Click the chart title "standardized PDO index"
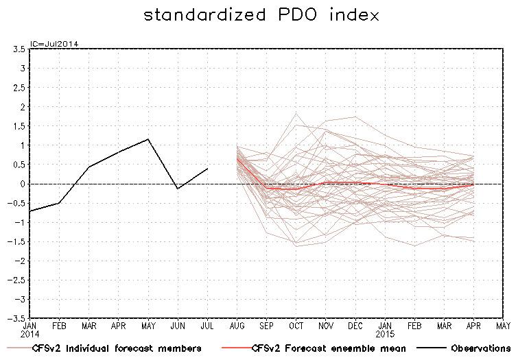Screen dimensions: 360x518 [261, 15]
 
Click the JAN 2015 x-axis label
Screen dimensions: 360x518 [385, 331]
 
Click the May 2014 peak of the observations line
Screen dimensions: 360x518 [148, 139]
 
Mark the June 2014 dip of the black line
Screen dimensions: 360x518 [178, 189]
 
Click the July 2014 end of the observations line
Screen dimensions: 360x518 [208, 169]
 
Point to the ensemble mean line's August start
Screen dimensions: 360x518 [237, 158]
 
